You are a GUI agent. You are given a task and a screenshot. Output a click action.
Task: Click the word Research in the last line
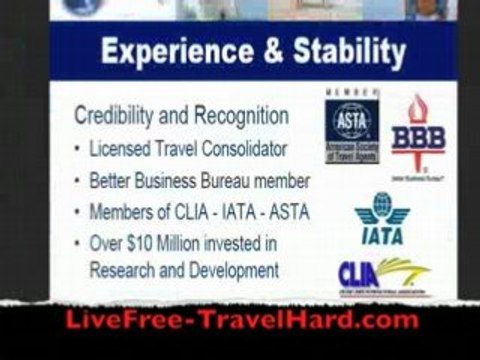122,269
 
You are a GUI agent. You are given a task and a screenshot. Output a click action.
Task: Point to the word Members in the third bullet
121,213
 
